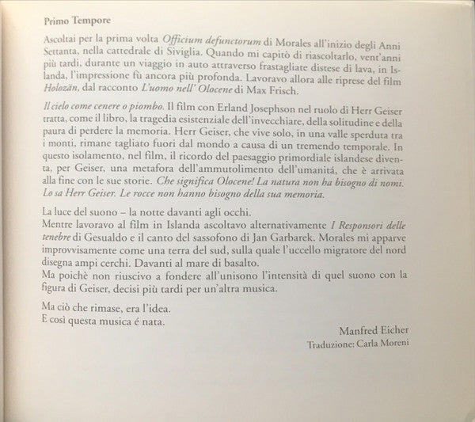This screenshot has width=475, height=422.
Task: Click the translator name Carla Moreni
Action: click(392, 347)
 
